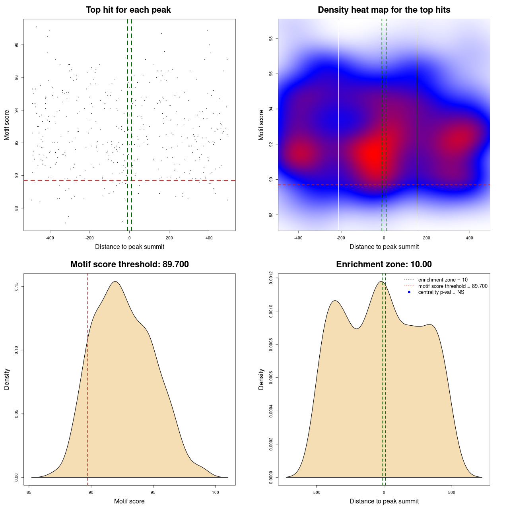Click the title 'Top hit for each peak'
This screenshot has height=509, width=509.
click(128, 10)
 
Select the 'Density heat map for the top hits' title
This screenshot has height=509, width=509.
click(384, 10)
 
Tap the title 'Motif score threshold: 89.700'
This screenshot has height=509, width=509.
click(129, 264)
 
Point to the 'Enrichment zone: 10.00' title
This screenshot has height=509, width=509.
click(384, 264)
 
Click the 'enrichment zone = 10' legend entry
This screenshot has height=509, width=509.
click(443, 280)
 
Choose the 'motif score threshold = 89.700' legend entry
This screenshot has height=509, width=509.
click(453, 286)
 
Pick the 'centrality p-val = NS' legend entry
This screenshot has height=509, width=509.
click(441, 292)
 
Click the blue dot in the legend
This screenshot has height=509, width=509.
click(409, 292)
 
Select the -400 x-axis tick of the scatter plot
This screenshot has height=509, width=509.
click(50, 238)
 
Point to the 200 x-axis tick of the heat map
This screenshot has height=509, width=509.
click(427, 238)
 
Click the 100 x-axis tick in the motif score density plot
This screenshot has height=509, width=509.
click(215, 492)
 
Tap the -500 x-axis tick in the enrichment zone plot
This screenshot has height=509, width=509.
click(317, 492)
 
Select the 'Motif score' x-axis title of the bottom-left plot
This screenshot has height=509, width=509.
click(129, 501)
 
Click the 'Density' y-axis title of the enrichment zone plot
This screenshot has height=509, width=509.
click(261, 379)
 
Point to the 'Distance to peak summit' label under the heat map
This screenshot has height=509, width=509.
click(384, 247)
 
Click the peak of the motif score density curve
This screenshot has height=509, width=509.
click(115, 282)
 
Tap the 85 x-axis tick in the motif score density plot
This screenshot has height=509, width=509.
click(29, 492)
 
